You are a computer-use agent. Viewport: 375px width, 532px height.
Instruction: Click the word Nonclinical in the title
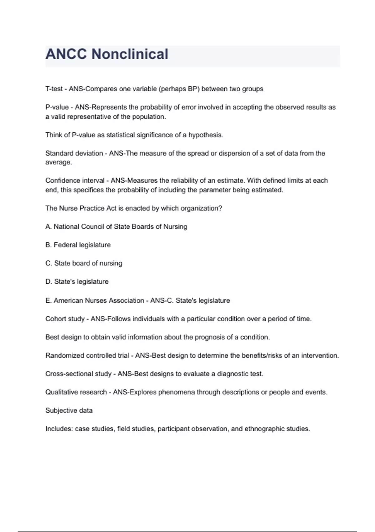coord(130,54)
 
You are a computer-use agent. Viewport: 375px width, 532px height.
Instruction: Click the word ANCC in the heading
coord(66,54)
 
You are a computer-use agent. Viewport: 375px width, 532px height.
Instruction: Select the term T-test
coord(54,89)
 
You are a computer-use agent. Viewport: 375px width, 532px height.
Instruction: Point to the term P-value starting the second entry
coord(57,107)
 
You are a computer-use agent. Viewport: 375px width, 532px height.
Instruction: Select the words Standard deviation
coord(74,153)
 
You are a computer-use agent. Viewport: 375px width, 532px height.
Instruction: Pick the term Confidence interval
coord(75,181)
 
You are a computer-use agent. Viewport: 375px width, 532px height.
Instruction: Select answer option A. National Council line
coord(116,227)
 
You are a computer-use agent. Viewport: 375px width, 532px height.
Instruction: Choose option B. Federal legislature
coord(78,245)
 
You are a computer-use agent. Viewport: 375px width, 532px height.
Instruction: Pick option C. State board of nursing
coord(84,263)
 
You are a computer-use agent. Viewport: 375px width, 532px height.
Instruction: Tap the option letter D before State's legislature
coord(48,282)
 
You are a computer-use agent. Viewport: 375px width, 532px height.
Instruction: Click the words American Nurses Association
coord(99,300)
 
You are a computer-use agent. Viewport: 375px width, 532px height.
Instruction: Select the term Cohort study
coord(65,319)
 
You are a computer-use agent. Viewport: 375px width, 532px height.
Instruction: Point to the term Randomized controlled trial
coord(87,356)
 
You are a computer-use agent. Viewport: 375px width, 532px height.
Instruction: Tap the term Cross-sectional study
coord(78,374)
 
